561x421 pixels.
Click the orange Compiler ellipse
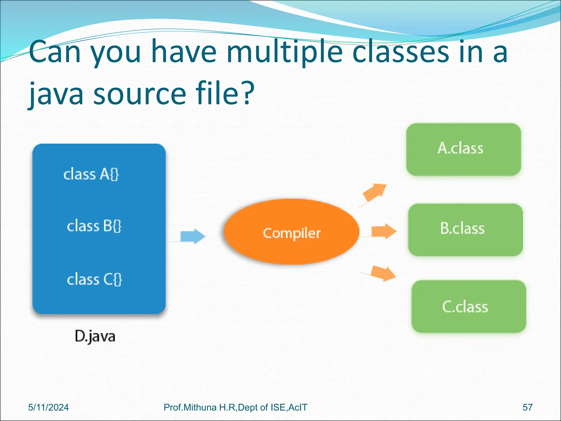click(x=291, y=232)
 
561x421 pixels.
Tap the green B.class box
click(x=465, y=230)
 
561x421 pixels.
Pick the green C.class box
click(x=468, y=306)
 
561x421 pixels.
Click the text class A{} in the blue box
click(x=91, y=174)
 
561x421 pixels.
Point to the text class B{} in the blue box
click(x=94, y=226)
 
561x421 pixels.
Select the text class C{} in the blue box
click(x=95, y=280)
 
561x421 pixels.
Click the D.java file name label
click(x=95, y=336)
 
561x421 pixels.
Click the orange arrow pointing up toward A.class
click(x=374, y=193)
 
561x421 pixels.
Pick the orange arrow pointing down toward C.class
click(x=382, y=274)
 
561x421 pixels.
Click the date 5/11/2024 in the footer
click(x=48, y=407)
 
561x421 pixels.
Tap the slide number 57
click(x=527, y=407)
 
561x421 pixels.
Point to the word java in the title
click(x=56, y=95)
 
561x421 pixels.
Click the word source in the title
click(x=140, y=95)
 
